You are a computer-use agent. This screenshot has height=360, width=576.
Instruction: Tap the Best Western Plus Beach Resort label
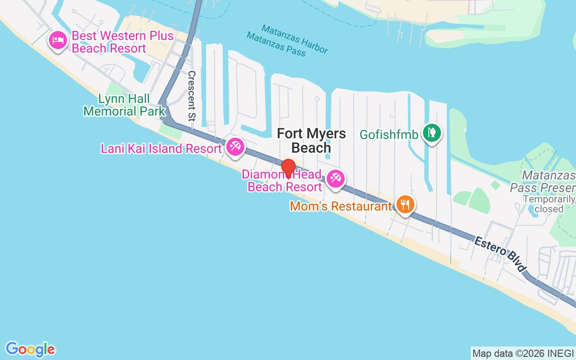(122, 42)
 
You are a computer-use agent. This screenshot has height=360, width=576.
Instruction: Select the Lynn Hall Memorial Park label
(124, 104)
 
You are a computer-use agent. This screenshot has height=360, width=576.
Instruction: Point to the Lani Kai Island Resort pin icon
(235, 147)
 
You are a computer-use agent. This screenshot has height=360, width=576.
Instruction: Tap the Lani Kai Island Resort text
(161, 148)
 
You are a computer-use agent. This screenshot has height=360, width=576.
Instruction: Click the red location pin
(288, 168)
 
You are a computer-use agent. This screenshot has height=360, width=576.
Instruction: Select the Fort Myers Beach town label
(311, 140)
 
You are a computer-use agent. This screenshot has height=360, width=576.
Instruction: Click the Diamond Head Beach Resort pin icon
(335, 179)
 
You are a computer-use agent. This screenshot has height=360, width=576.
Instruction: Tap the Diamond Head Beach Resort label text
(284, 181)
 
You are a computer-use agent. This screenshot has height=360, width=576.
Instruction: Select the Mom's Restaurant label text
(341, 206)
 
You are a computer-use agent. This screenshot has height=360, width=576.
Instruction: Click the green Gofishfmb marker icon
(432, 133)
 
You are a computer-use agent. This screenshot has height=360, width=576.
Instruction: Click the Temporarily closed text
(549, 204)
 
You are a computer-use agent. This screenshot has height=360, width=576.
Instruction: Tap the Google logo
(30, 349)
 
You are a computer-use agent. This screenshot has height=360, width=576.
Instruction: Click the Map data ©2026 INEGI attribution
(523, 353)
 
